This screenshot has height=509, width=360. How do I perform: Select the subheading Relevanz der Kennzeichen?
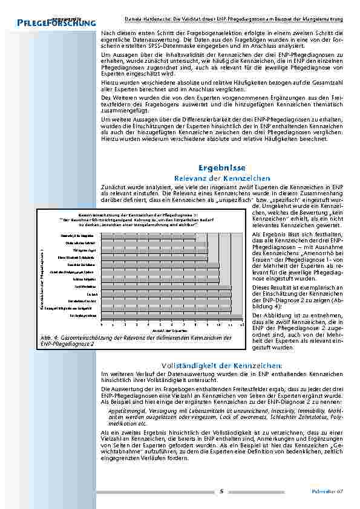tap(221, 178)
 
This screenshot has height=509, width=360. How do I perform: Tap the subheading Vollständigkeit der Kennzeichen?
tap(221, 366)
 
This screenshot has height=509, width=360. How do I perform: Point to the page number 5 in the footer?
tap(221, 491)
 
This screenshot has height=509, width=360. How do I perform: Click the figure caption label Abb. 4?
tap(48, 338)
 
